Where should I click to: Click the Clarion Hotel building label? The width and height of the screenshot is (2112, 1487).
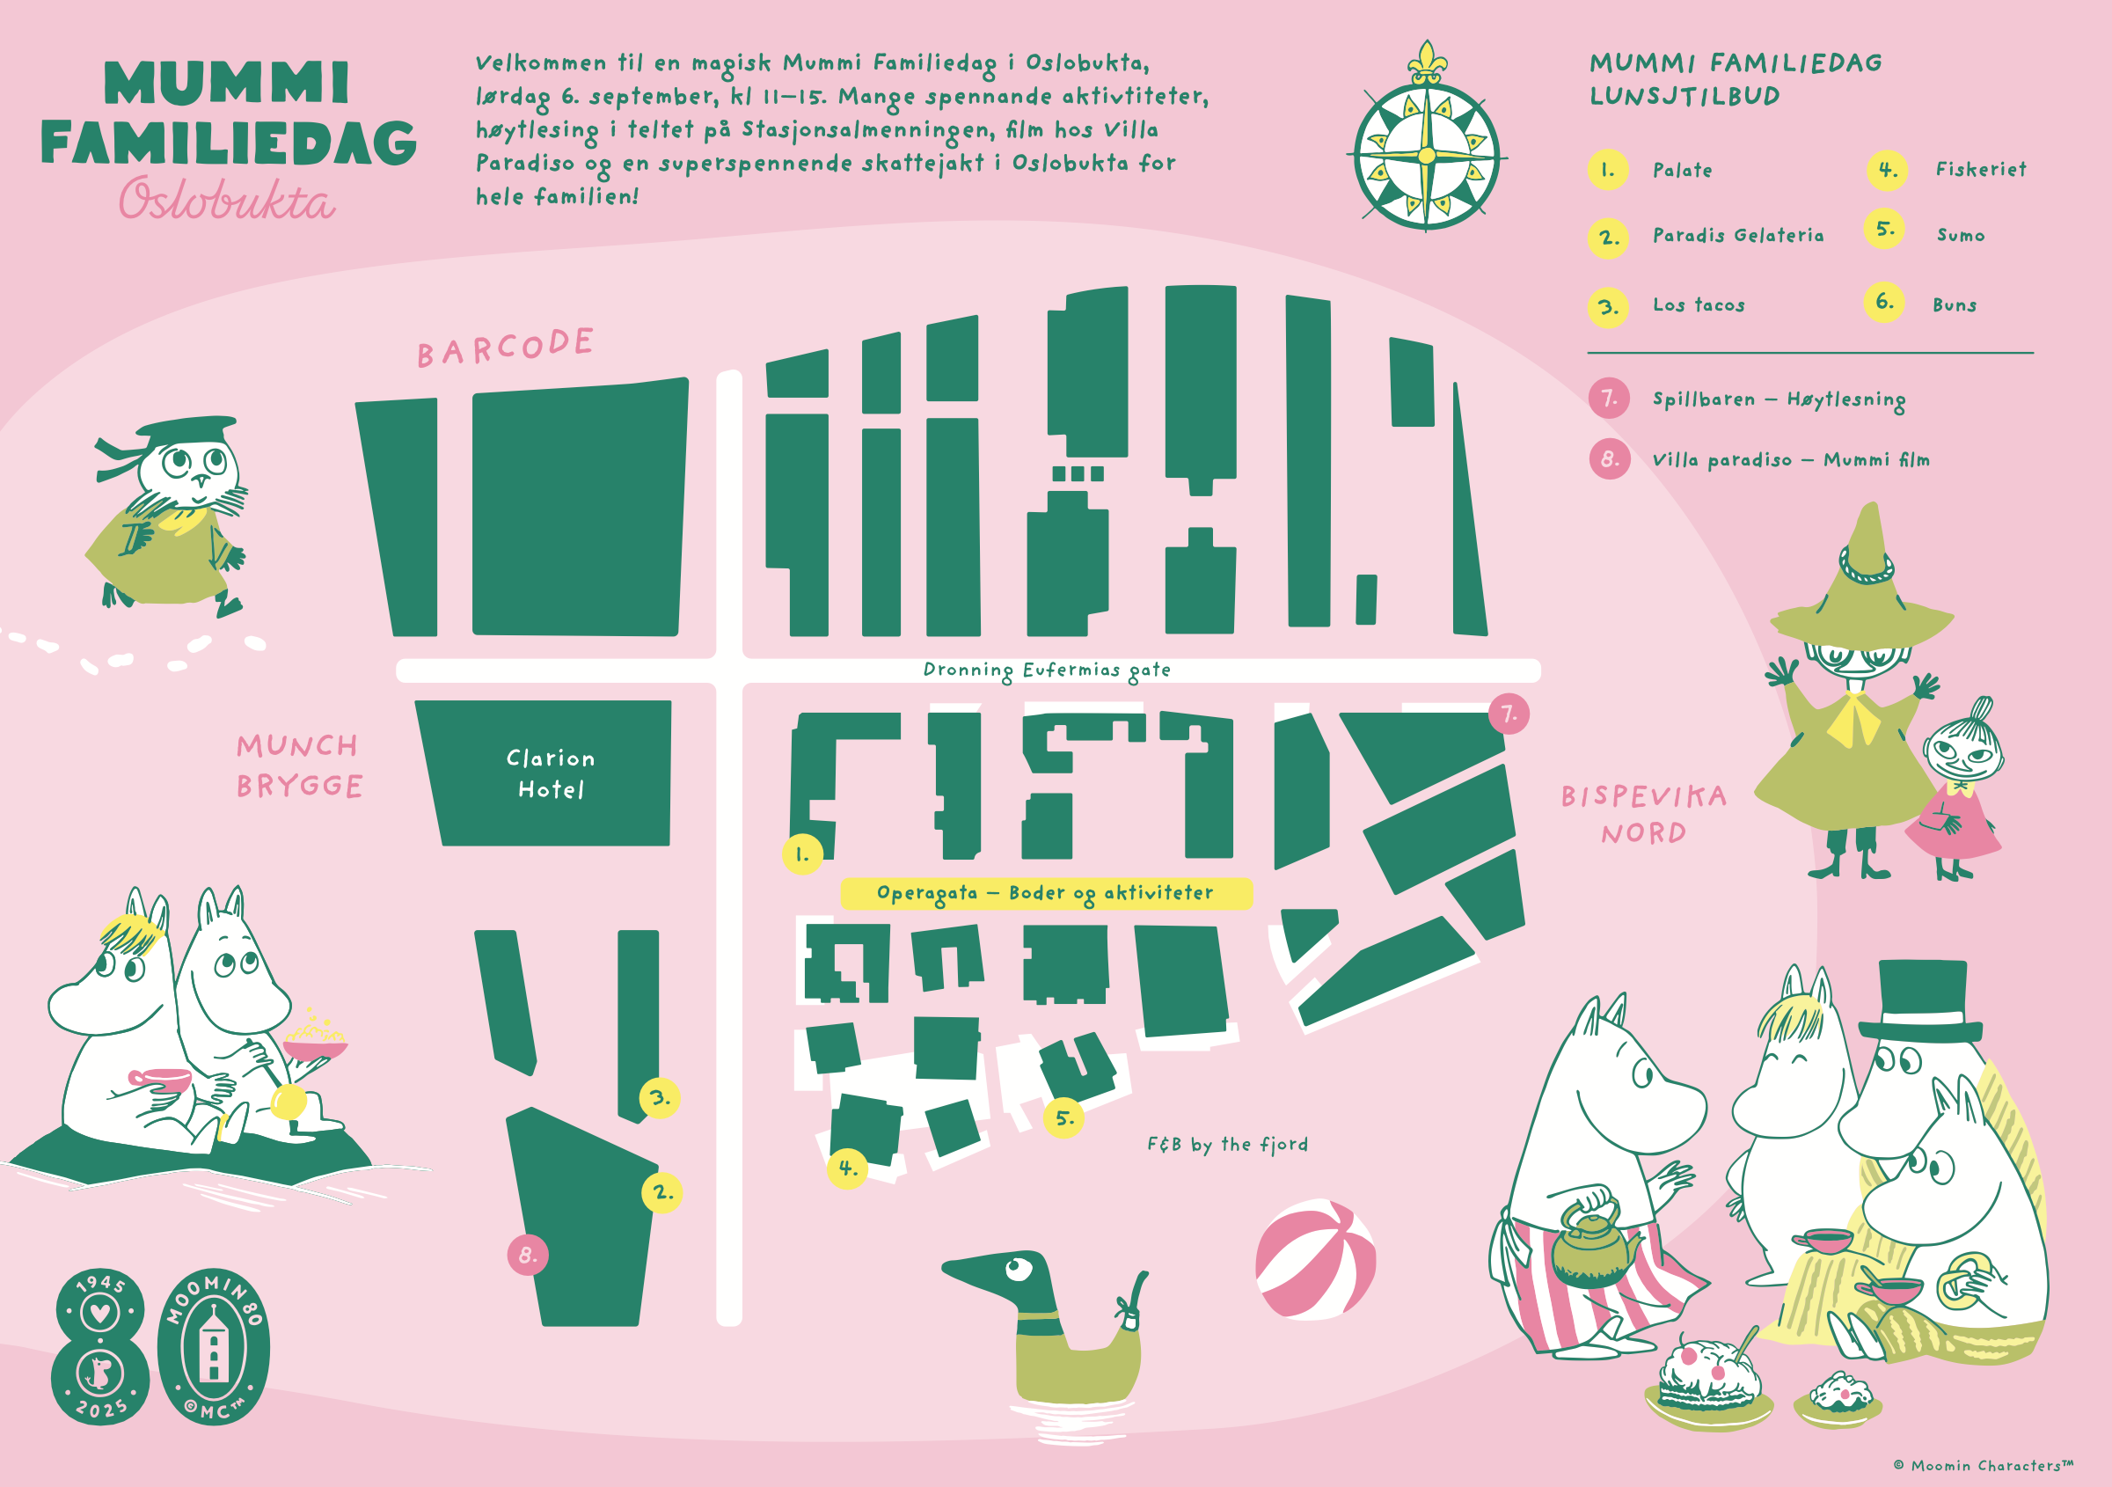[x=550, y=773]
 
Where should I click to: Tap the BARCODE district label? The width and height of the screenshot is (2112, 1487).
[x=505, y=347]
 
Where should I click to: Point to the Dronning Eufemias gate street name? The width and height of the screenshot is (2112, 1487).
[x=1047, y=670]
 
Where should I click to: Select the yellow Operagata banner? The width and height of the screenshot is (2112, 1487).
[x=1046, y=893]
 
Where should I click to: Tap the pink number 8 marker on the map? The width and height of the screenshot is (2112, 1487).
[x=528, y=1255]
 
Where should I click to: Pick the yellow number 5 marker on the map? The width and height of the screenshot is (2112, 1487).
[x=1064, y=1118]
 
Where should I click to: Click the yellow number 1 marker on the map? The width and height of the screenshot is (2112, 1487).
[x=802, y=853]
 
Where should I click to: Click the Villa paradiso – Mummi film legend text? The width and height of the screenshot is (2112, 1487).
[x=1791, y=459]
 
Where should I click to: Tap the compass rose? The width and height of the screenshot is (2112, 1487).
[x=1427, y=147]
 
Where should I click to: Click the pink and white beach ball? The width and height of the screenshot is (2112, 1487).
[x=1315, y=1260]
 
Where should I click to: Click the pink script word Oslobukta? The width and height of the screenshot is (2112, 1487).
[x=226, y=199]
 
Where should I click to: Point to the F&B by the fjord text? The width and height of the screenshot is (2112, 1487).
[x=1227, y=1145]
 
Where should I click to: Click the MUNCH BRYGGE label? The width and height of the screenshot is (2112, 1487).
[x=299, y=765]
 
